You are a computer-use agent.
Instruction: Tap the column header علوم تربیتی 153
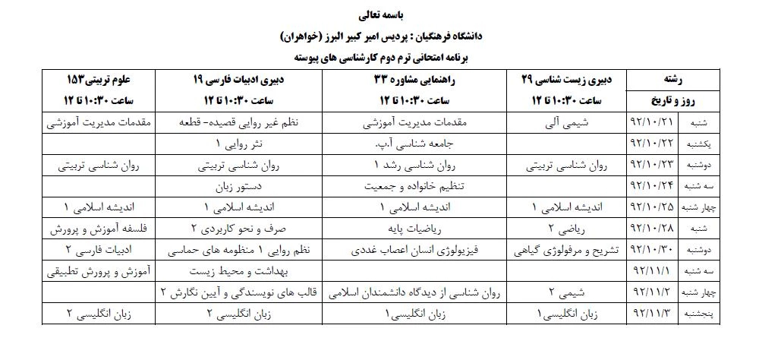point(98,79)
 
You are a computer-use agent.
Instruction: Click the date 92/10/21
point(652,122)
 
